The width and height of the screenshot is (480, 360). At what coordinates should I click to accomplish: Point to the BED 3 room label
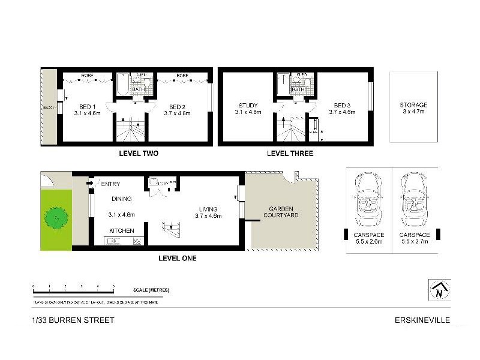click(x=340, y=106)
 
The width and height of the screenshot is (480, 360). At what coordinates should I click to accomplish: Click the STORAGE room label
click(x=413, y=105)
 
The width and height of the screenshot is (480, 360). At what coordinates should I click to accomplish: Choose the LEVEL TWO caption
click(x=139, y=154)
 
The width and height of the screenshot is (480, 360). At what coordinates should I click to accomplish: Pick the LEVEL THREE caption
click(x=290, y=154)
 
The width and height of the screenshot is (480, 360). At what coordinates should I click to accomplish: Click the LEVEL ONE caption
click(x=177, y=259)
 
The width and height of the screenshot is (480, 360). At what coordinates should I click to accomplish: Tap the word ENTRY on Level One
click(x=112, y=184)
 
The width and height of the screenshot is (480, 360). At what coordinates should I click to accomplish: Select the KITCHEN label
click(x=121, y=230)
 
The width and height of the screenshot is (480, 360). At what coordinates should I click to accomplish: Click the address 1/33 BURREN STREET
click(x=73, y=320)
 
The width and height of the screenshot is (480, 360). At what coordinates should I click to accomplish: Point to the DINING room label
click(x=121, y=199)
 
